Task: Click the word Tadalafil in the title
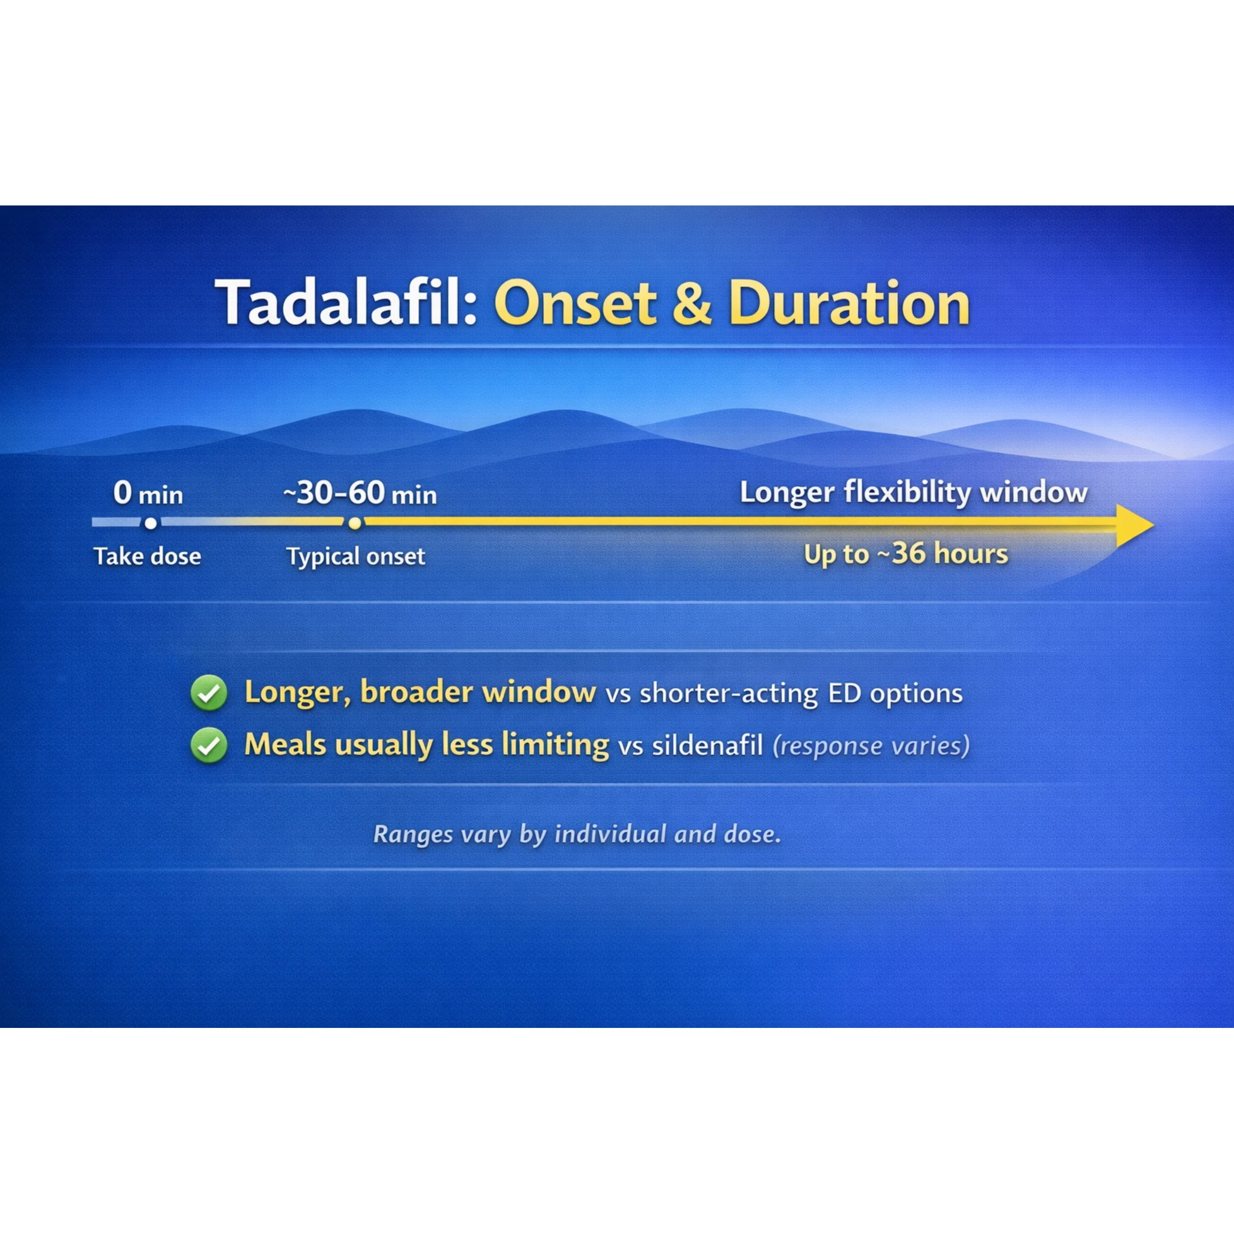click(345, 304)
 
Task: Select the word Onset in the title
click(575, 304)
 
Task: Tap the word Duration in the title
click(849, 304)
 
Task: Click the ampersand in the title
click(692, 304)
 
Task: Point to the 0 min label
click(148, 493)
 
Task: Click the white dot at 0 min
click(151, 523)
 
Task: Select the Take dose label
click(148, 556)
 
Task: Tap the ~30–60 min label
click(360, 493)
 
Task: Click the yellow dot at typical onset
click(355, 523)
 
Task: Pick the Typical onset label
click(355, 556)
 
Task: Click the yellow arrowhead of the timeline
click(1133, 525)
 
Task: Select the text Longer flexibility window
click(913, 492)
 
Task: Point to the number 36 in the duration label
click(909, 553)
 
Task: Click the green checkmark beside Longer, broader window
click(209, 693)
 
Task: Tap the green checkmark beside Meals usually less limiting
click(209, 745)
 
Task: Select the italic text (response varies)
click(871, 745)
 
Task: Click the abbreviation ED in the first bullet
click(844, 693)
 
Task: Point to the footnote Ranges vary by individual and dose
click(577, 834)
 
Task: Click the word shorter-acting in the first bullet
click(728, 693)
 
